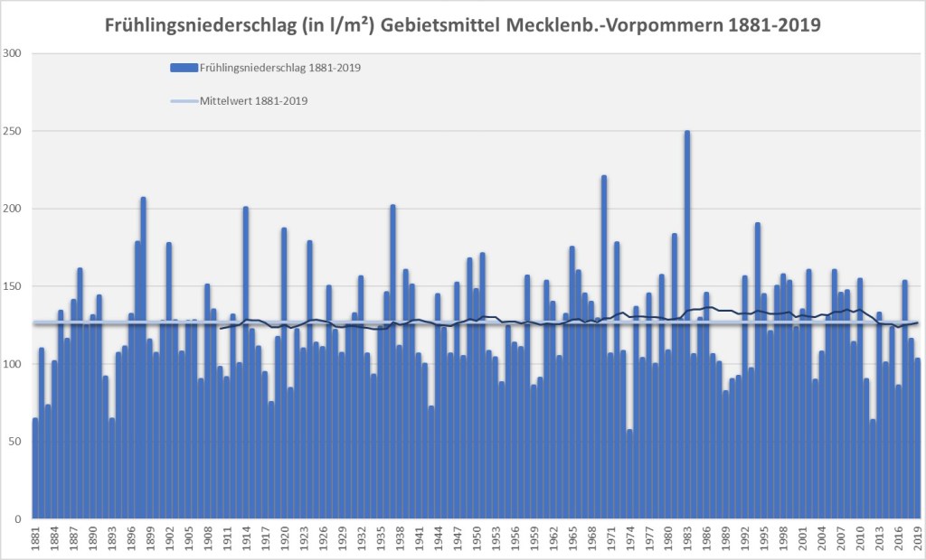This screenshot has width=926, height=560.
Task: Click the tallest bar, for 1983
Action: pos(687,325)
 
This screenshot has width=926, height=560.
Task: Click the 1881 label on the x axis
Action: pos(35,538)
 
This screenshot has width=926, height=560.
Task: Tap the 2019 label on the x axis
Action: pos(918,538)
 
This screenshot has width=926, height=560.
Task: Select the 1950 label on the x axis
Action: pos(477,538)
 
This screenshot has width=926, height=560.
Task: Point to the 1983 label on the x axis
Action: pos(687,538)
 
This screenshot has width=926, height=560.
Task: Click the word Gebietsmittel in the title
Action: pos(440,24)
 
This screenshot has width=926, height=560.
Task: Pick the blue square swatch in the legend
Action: pos(184,68)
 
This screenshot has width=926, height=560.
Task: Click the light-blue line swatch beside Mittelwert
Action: pos(184,101)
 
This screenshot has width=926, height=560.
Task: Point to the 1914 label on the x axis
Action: pos(246,538)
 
